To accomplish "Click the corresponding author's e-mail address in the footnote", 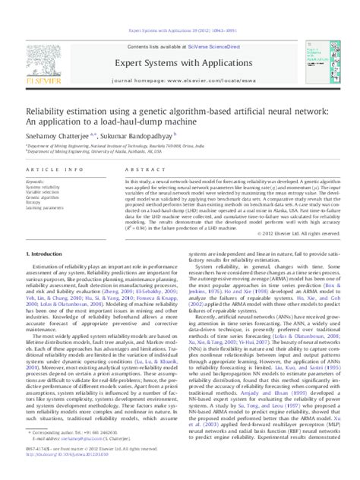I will pyautogui.click(x=80, y=453).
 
